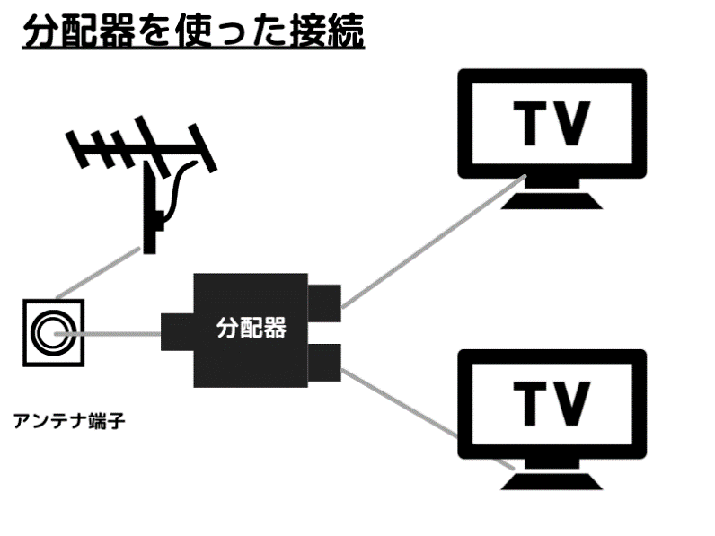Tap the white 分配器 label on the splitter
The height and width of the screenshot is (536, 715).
click(x=251, y=329)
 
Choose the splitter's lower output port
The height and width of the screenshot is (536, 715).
click(x=324, y=360)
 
